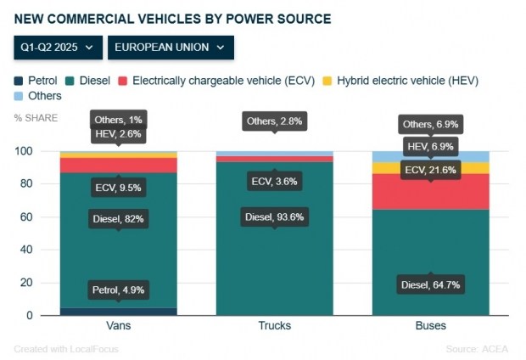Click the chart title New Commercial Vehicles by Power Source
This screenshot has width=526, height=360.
pyautogui.click(x=172, y=18)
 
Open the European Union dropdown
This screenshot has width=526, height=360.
pyautogui.click(x=171, y=48)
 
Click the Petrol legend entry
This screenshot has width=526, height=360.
pyautogui.click(x=35, y=81)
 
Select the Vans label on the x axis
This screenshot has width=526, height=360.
pyautogui.click(x=118, y=326)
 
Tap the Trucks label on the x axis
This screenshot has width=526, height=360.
pyautogui.click(x=274, y=326)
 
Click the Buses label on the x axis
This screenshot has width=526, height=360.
pyautogui.click(x=430, y=326)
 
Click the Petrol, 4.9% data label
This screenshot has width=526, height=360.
pyautogui.click(x=118, y=290)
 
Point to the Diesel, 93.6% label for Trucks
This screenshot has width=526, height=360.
pyautogui.click(x=274, y=217)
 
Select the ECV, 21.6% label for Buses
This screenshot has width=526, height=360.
pyautogui.click(x=430, y=169)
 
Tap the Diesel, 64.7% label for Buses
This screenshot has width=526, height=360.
pyautogui.click(x=430, y=284)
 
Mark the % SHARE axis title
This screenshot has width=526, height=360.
pyautogui.click(x=36, y=117)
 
